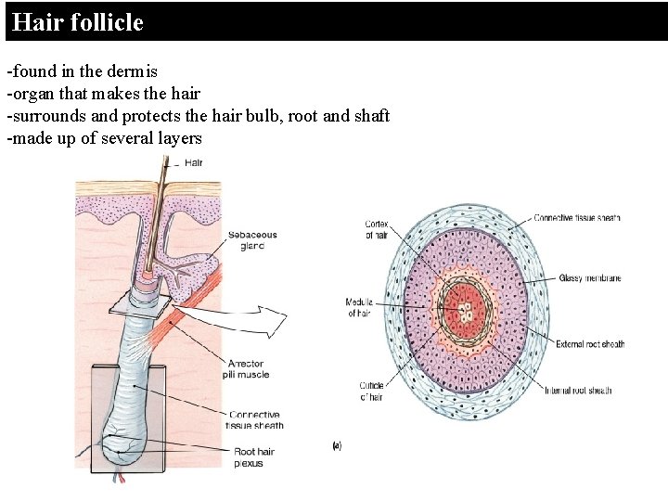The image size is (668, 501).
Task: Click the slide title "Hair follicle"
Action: click(x=78, y=22)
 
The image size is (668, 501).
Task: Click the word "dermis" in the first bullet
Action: click(x=136, y=71)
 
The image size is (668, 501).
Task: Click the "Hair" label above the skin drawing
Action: click(x=193, y=163)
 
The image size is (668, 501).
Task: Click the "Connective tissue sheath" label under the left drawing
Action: click(x=255, y=419)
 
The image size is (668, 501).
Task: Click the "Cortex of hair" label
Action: click(x=377, y=229)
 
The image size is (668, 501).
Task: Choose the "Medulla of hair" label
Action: click(x=359, y=307)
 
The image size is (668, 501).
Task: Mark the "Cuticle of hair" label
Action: click(x=371, y=391)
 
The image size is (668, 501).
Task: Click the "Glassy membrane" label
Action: click(x=589, y=278)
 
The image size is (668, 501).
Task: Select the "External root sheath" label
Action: click(x=589, y=344)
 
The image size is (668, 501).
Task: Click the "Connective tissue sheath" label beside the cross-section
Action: click(x=577, y=218)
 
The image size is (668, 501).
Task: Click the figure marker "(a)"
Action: click(x=336, y=446)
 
